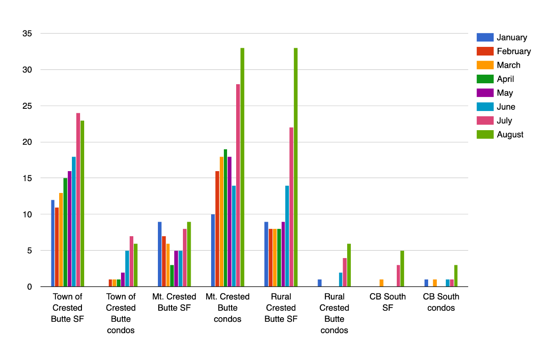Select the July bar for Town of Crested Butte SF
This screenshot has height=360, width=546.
[78, 200]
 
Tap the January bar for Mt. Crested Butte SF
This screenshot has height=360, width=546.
[160, 254]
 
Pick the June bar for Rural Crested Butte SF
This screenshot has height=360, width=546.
[287, 236]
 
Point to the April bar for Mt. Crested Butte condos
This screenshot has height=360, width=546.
[225, 218]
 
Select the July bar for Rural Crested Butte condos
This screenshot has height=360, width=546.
[345, 272]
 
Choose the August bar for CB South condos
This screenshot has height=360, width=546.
[456, 276]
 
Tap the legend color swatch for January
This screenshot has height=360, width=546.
[485, 38]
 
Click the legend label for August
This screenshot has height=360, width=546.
[510, 135]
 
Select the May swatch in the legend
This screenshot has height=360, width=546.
[485, 93]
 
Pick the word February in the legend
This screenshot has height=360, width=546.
[514, 51]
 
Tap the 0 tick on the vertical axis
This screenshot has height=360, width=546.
[29, 287]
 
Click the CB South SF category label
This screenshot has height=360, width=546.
[388, 302]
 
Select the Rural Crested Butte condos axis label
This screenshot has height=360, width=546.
[334, 314]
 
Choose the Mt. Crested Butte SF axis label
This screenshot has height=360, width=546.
[174, 302]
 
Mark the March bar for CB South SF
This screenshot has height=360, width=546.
[382, 283]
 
